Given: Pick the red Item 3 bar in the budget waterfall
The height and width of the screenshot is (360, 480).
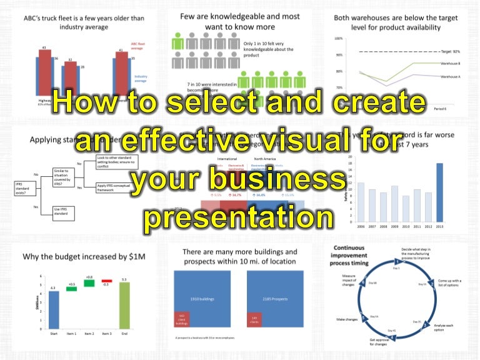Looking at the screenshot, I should click(x=107, y=281).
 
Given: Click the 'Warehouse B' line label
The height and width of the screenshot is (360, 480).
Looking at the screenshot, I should click(x=450, y=64).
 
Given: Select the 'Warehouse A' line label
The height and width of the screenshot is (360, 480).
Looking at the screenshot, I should click(x=450, y=76).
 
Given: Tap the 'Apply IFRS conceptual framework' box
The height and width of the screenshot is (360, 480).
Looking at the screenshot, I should click(x=116, y=187).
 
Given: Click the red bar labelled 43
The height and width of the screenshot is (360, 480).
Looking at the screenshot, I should click(x=44, y=74).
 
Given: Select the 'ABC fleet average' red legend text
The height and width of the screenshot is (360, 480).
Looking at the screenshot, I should click(x=139, y=46).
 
